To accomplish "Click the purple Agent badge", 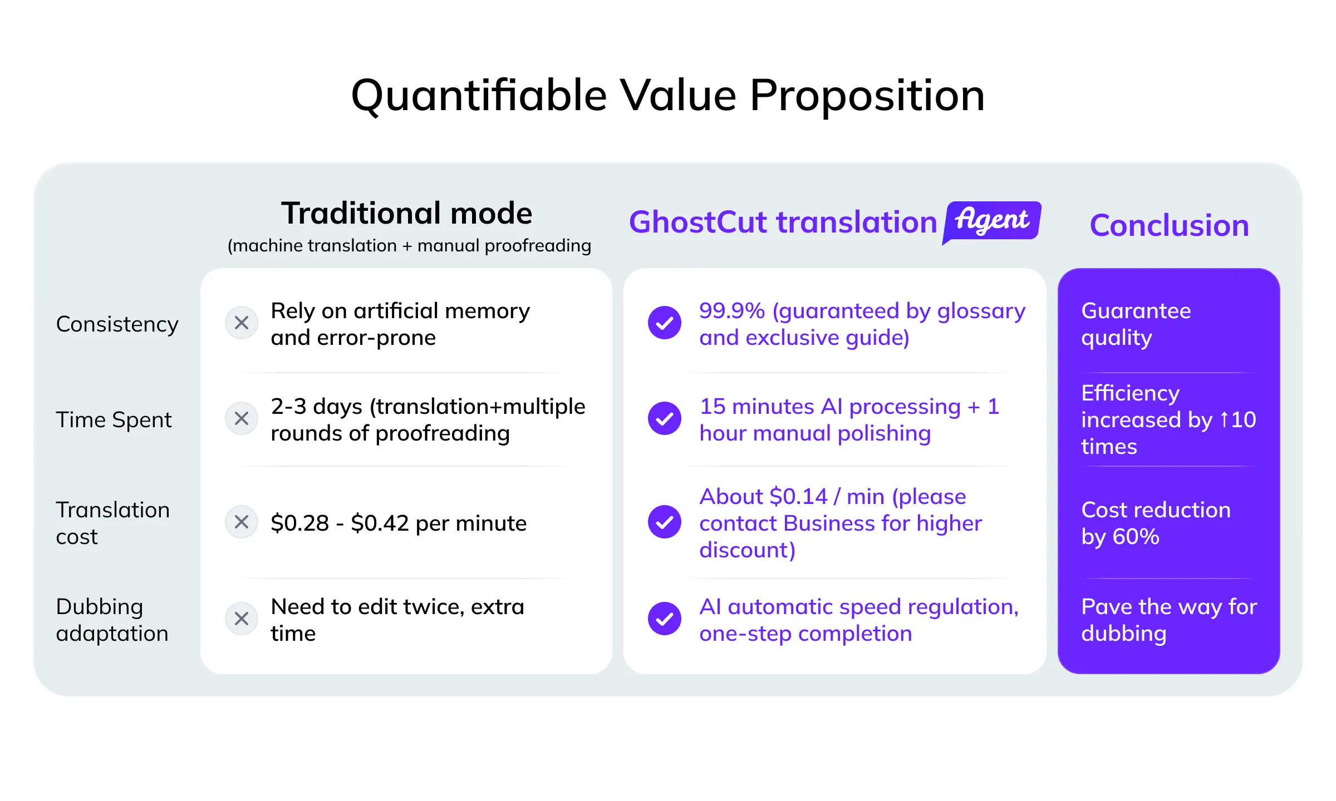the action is (992, 222).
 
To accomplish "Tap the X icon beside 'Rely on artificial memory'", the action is (242, 323).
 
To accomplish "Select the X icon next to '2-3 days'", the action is (242, 418).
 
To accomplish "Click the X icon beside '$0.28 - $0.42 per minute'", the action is (242, 522).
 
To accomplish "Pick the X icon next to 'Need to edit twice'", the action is (242, 619).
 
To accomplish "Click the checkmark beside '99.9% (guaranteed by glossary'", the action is (665, 323).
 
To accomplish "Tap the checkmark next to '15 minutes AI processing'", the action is (665, 418).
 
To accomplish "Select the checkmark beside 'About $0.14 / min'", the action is (665, 522).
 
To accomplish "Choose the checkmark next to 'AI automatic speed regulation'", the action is (665, 619).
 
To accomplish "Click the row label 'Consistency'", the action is (117, 324).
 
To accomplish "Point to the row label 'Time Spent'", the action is (114, 420).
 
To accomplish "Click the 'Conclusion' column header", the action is (1170, 225).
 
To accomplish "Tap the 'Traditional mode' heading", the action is (407, 213).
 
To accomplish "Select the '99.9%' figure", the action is (732, 311).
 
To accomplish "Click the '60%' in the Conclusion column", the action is (1136, 537).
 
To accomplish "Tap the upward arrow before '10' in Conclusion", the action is (1224, 419).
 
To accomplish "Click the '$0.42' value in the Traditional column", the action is (380, 523).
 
